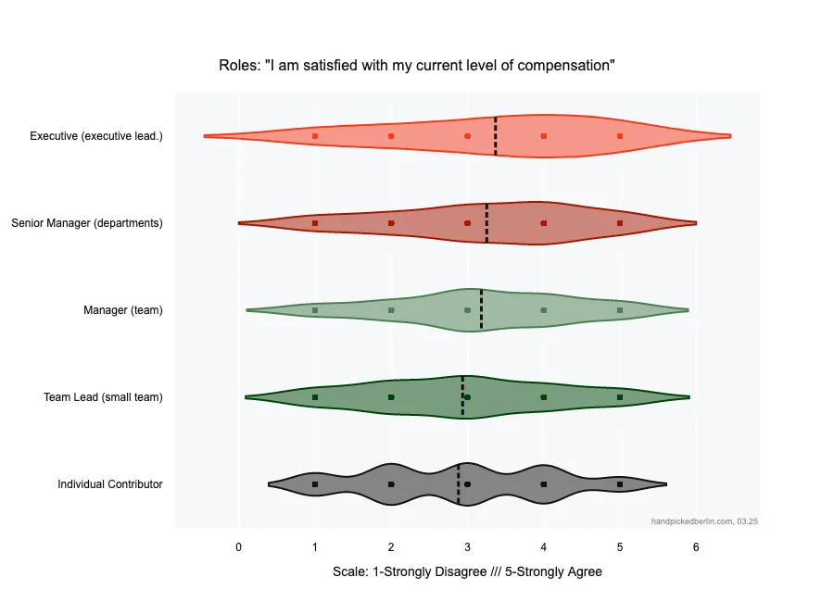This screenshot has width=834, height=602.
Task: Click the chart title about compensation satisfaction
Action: tap(417, 66)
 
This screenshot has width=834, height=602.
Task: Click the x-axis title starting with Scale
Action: tap(467, 571)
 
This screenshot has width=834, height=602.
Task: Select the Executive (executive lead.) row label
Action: tap(96, 136)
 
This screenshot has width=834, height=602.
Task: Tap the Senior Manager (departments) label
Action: tap(87, 223)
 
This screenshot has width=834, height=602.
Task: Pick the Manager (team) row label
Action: tap(123, 310)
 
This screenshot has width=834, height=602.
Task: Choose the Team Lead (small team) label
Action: tap(103, 397)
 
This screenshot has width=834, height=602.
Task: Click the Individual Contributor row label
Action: tap(110, 484)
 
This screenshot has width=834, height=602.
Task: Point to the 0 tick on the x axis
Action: tap(239, 547)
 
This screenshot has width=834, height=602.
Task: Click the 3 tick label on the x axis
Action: tap(467, 547)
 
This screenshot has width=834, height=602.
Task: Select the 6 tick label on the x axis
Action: tap(696, 547)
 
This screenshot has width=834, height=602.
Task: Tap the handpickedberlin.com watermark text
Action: tap(705, 521)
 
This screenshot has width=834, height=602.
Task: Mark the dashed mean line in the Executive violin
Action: tap(496, 136)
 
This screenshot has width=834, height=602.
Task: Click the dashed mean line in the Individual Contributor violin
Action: tap(459, 484)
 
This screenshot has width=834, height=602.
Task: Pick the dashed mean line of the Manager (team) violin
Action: tap(481, 310)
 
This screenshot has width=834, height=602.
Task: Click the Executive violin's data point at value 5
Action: tap(620, 136)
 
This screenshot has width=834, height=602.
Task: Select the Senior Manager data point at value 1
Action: tap(315, 223)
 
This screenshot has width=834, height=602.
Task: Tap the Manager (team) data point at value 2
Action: tap(391, 310)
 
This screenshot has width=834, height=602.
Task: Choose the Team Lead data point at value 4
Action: tap(544, 397)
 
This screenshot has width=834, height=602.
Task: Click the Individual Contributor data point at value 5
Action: tap(620, 484)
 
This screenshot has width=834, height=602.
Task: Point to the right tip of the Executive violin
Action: tap(729, 136)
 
